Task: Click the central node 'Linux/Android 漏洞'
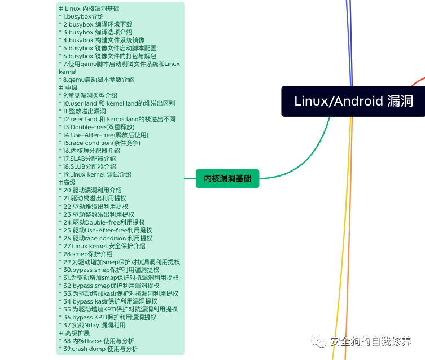pyautogui.click(x=354, y=101)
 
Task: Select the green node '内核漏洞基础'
pyautogui.click(x=227, y=179)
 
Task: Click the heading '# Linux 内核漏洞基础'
pyautogui.click(x=89, y=8)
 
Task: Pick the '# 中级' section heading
pyautogui.click(x=68, y=88)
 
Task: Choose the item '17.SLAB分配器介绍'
pyautogui.click(x=90, y=159)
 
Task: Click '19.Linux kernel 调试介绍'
pyautogui.click(x=97, y=174)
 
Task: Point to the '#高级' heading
pyautogui.click(x=67, y=182)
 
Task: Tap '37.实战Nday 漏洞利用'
pyautogui.click(x=94, y=325)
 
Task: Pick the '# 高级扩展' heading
pyautogui.click(x=75, y=333)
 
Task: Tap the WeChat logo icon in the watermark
pyautogui.click(x=319, y=341)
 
